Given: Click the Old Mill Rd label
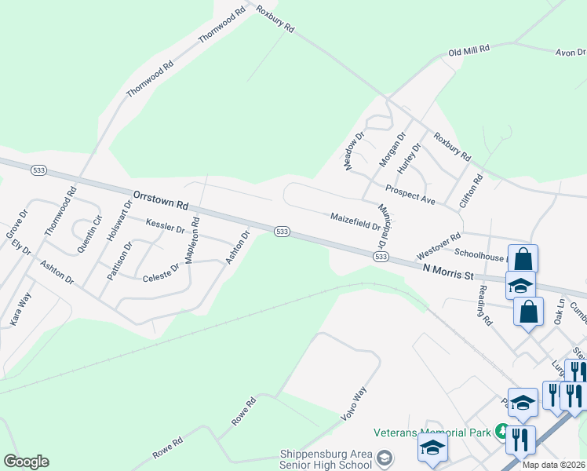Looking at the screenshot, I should [x=469, y=49].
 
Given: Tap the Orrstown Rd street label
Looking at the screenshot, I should [x=161, y=199].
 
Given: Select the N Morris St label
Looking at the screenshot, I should [x=450, y=272].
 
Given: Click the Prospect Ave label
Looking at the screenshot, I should [x=410, y=195].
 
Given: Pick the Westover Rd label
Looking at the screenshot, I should [x=438, y=241].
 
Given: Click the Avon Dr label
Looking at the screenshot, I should [x=571, y=53].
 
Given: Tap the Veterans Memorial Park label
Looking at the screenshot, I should [x=431, y=432].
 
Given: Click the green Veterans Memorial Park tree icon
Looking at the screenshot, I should [x=501, y=431].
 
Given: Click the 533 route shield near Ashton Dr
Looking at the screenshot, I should [x=283, y=231].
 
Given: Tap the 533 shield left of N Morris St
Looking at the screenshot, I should [x=381, y=257].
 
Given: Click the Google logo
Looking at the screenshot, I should [x=26, y=462].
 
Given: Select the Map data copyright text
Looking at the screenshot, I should [x=553, y=465].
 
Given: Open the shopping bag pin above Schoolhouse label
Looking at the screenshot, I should [x=525, y=258].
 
